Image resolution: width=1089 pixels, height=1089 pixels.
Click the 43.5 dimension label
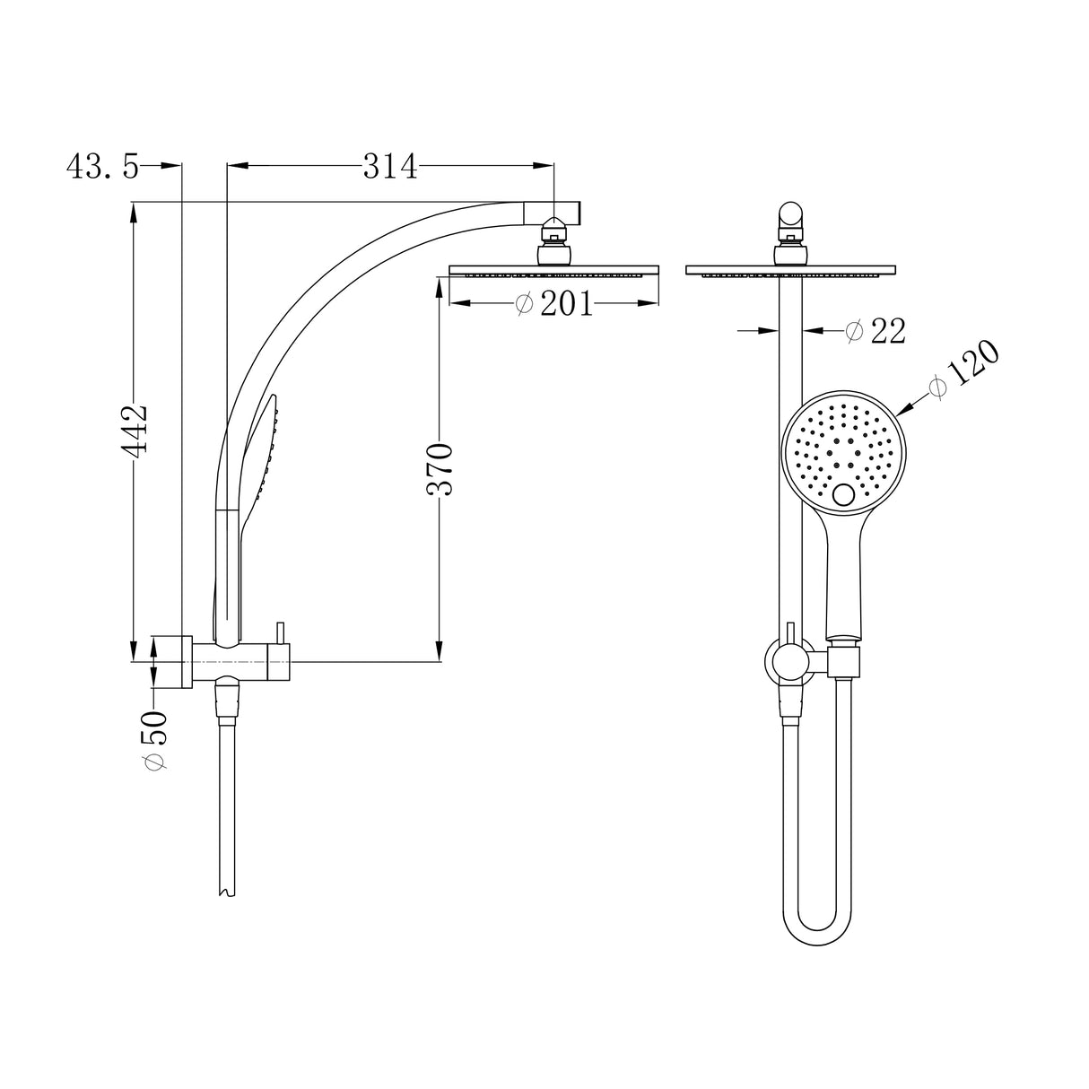[102, 167]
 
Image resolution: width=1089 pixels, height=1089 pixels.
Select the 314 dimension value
[390, 167]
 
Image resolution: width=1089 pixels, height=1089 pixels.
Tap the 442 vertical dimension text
[135, 430]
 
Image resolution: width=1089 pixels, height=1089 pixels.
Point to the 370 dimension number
[440, 470]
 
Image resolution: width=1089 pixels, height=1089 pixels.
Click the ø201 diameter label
[554, 304]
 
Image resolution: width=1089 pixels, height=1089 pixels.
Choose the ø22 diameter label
[876, 331]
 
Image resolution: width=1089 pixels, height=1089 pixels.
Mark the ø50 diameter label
[156, 740]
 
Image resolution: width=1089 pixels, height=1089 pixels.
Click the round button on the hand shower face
[844, 495]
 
